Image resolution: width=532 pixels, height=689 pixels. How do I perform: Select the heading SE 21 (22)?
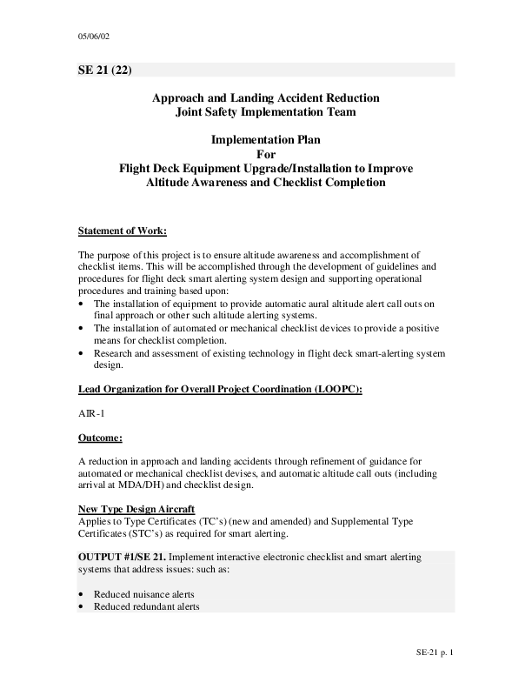tap(105, 70)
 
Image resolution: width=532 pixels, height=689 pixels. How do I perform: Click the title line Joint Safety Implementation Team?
tap(265, 112)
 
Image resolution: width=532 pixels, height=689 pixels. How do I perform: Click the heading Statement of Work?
tap(122, 231)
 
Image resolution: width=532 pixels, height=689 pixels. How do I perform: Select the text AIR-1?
tap(91, 413)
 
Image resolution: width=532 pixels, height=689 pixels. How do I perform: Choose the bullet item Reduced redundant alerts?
tap(147, 606)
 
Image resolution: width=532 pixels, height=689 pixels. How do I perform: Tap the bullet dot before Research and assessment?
tap(82, 353)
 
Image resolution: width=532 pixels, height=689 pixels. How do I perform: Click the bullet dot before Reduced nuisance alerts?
tap(82, 594)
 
